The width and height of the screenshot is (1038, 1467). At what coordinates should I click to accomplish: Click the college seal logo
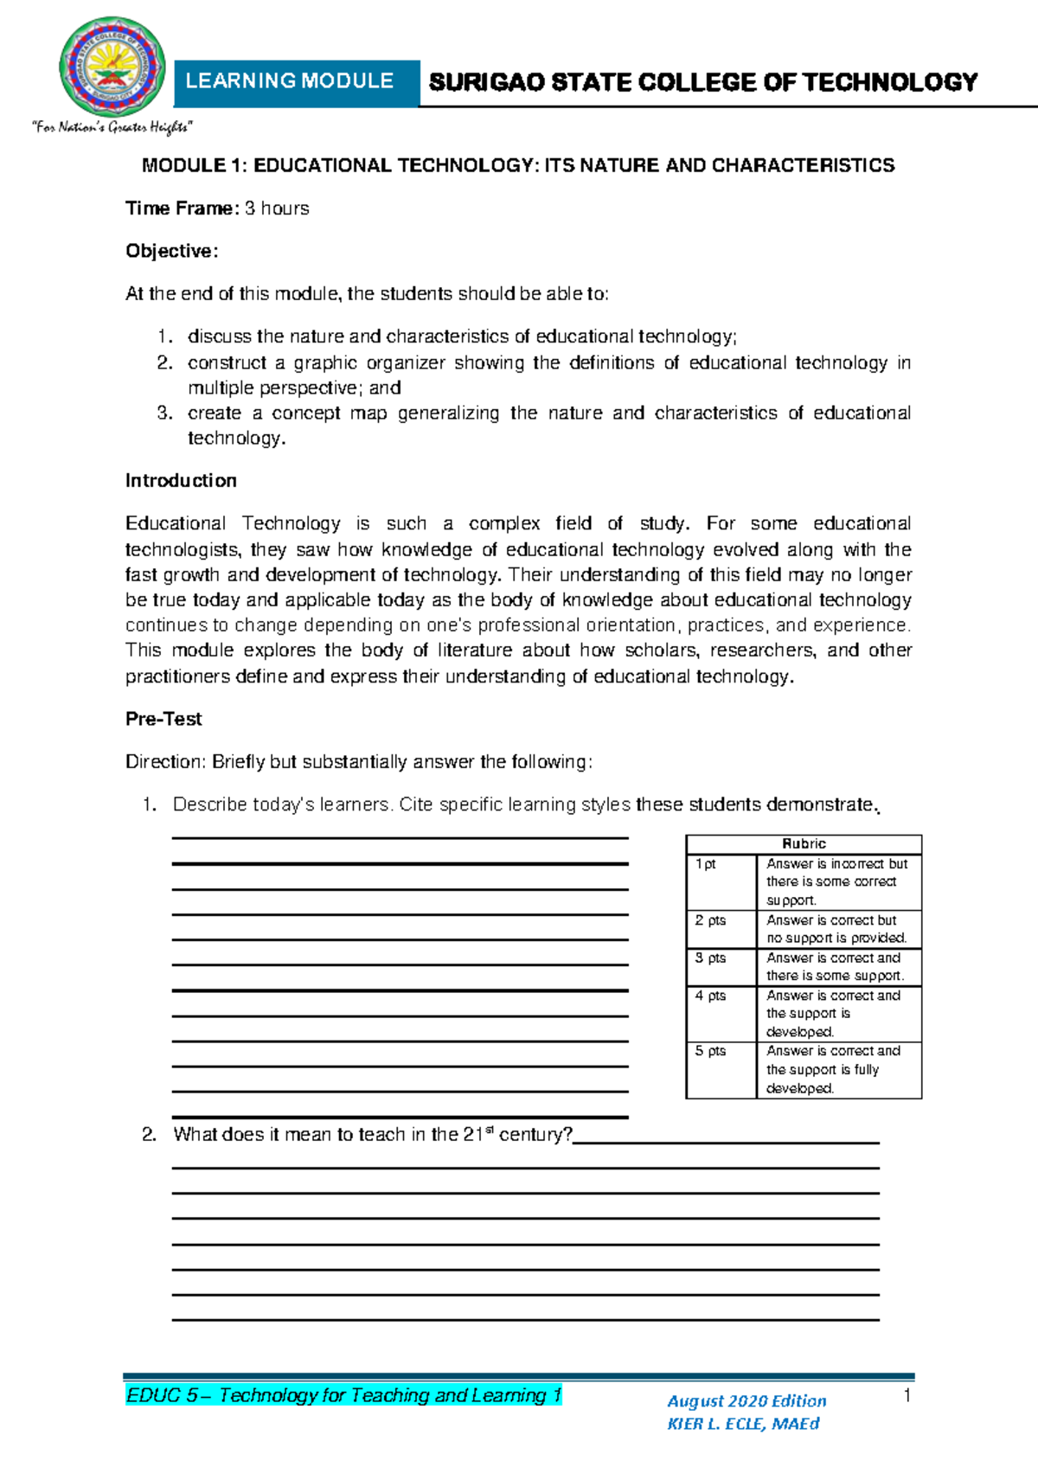coord(112,67)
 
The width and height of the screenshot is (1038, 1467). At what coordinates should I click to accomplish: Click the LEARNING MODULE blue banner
coord(291,81)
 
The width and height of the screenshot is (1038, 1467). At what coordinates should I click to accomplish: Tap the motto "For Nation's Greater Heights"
coord(112,128)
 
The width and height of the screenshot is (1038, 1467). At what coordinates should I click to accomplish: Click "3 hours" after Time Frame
coord(277,208)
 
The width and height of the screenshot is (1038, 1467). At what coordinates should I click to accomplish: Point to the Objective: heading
coord(171,251)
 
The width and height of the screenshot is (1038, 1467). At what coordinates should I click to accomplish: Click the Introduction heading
coord(181,481)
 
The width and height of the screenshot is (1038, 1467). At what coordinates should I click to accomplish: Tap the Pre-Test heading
coord(163,719)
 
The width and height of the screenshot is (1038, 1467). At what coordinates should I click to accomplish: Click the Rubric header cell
coord(804,843)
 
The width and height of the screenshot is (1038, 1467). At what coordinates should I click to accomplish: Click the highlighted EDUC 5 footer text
coord(343,1395)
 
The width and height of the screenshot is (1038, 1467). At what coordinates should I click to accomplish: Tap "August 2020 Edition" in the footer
coord(746,1401)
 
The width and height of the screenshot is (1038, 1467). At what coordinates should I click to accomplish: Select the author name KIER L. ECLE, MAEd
coord(743,1424)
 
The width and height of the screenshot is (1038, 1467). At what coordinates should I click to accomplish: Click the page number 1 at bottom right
coord(907,1395)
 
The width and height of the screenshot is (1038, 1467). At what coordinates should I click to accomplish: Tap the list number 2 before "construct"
coord(164,363)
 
